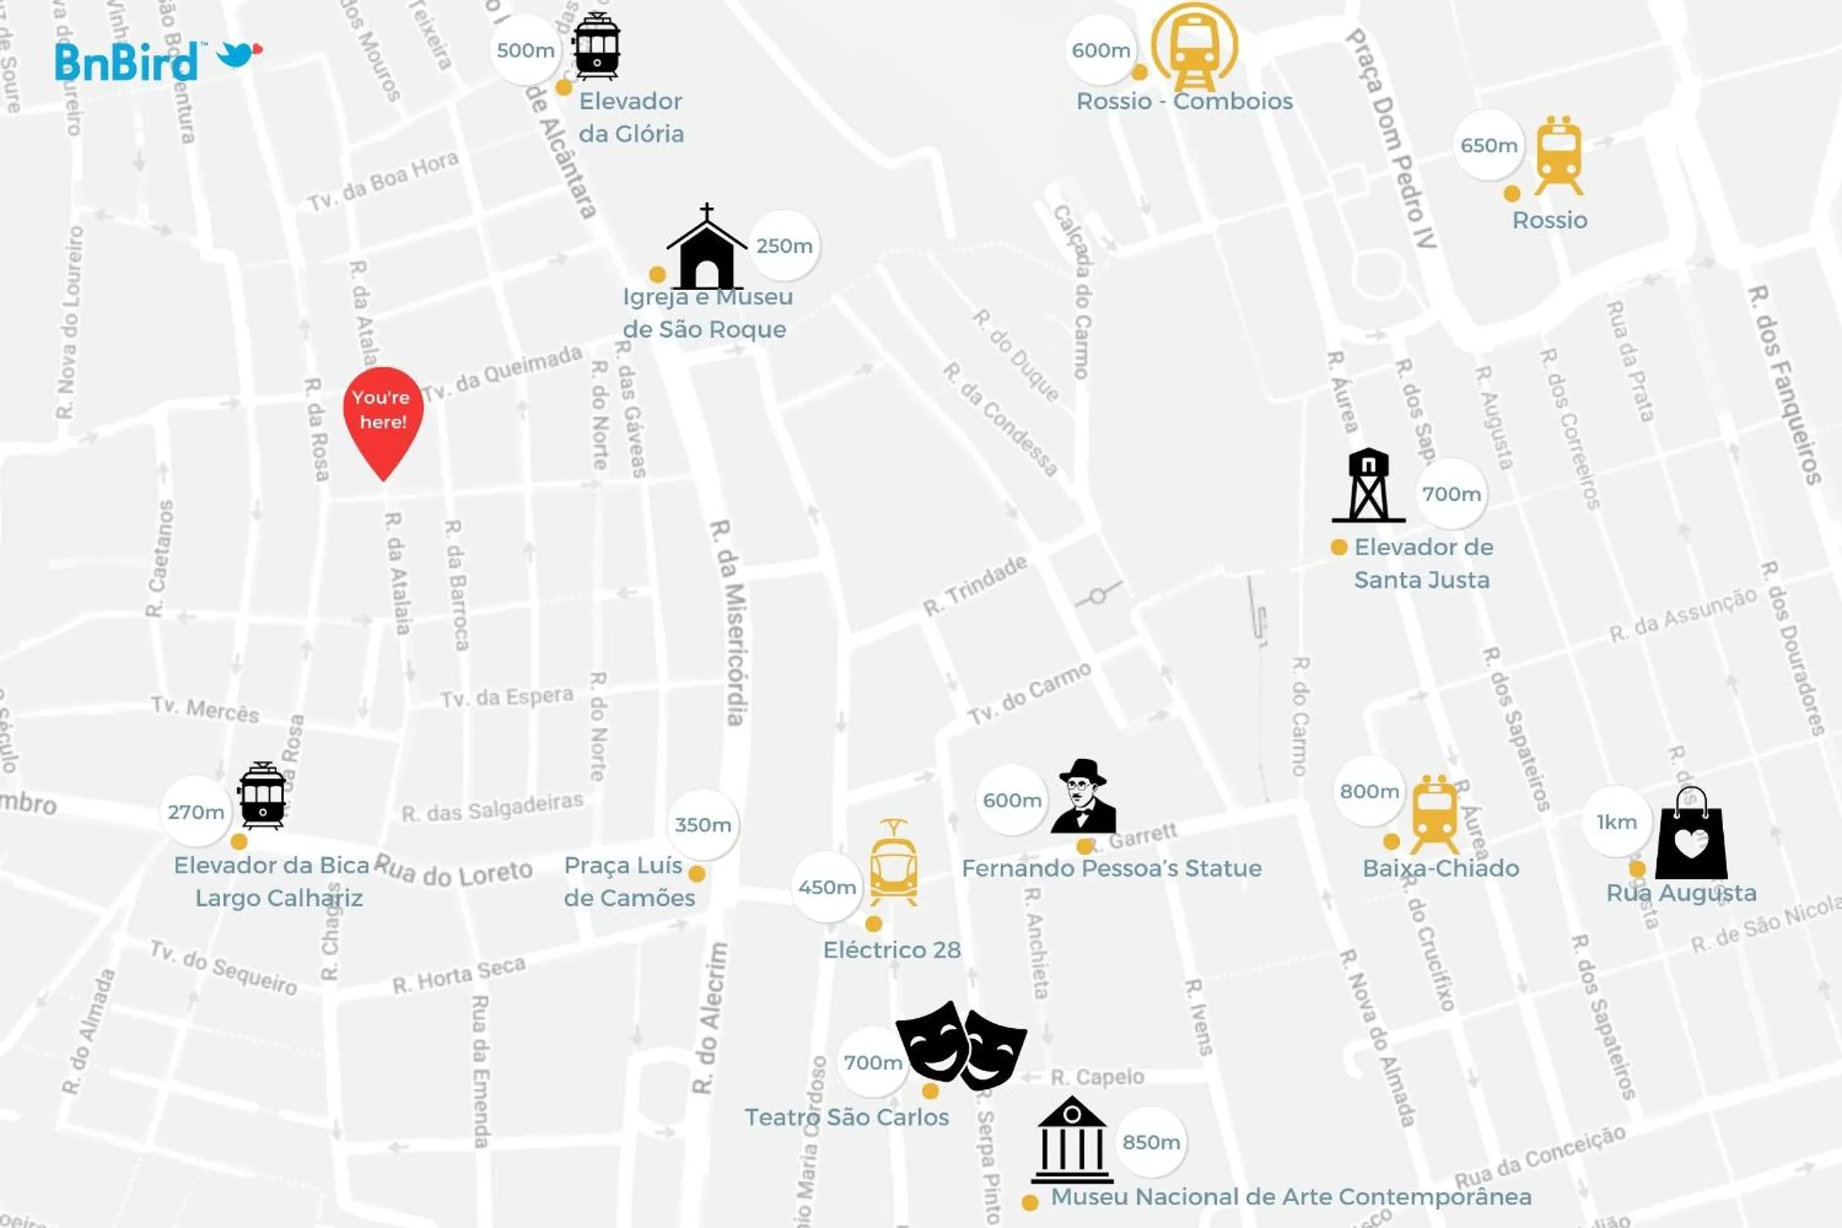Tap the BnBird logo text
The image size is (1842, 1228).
coord(126,62)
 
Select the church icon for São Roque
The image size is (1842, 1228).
coord(706,250)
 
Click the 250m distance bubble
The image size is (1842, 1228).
coord(784,246)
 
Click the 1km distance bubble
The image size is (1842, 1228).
coord(1617,821)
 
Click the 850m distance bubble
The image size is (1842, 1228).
coord(1151,1142)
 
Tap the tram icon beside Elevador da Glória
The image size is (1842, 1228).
coord(596,46)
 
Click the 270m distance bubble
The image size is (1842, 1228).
coord(195,812)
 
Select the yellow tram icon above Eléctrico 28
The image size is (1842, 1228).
coord(893,863)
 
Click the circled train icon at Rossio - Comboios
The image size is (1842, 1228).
coord(1194,48)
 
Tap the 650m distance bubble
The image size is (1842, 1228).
coord(1489,146)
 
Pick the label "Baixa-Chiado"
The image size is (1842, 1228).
coord(1441,868)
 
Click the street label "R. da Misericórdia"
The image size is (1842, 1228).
coord(729,623)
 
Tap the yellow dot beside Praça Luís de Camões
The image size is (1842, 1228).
coord(697,873)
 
